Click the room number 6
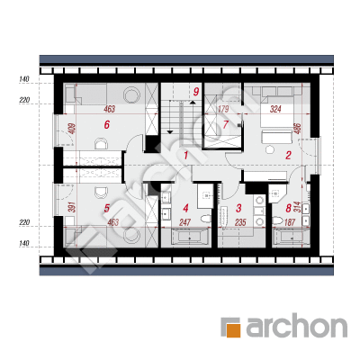(x=107, y=124)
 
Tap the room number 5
(x=107, y=208)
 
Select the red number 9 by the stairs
(x=196, y=92)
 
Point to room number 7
(x=225, y=124)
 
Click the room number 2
(x=288, y=155)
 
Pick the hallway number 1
(x=186, y=155)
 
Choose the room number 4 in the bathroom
(x=186, y=208)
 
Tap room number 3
(x=238, y=208)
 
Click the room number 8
(x=289, y=208)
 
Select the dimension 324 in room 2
(x=275, y=109)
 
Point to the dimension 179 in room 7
(x=223, y=109)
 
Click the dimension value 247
(x=185, y=222)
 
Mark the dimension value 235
(x=240, y=222)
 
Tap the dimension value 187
(x=289, y=222)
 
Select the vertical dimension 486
(x=298, y=129)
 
